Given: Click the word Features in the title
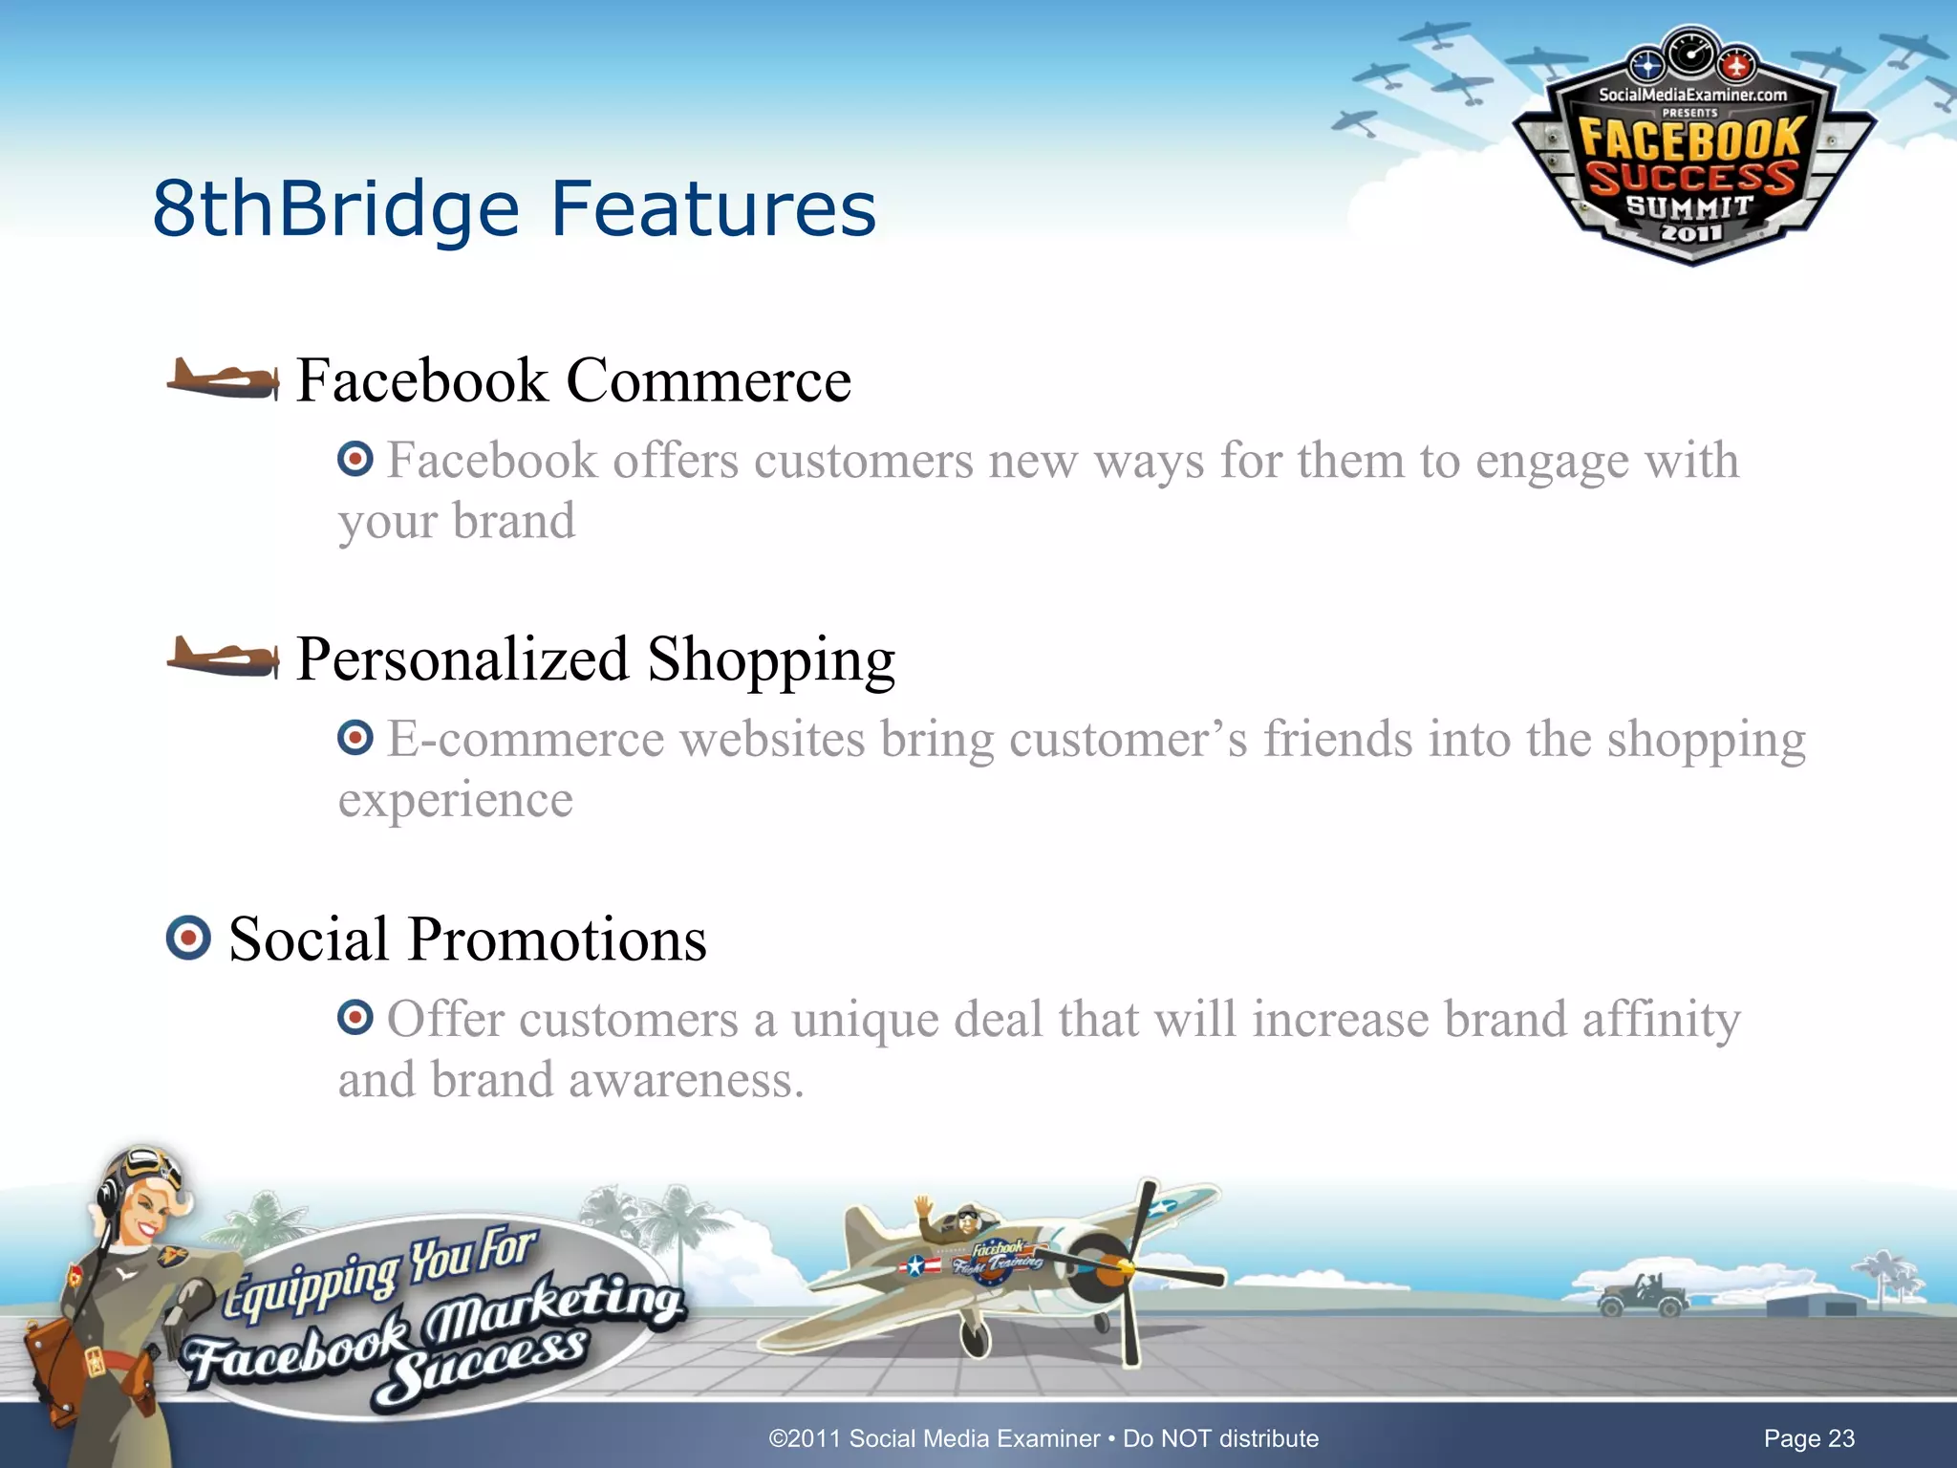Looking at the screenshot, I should [x=713, y=208].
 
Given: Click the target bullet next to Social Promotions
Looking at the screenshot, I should [x=188, y=938].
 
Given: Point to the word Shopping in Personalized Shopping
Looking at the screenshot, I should [x=771, y=659].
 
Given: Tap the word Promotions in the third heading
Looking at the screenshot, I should [x=557, y=939].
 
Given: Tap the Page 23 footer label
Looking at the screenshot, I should [x=1808, y=1438].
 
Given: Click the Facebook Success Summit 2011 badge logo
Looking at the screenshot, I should [x=1692, y=153].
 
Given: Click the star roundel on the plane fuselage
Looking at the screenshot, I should [x=915, y=1266].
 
